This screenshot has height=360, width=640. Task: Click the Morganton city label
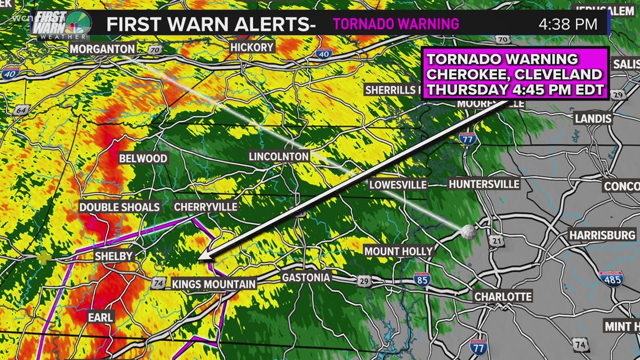[x=102, y=49]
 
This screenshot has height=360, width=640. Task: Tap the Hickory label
[x=252, y=48]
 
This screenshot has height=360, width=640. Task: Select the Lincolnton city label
[x=279, y=157]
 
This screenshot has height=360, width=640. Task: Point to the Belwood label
[x=143, y=158]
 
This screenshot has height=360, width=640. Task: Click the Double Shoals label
[x=119, y=207]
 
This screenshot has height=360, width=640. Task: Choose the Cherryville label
[x=205, y=207]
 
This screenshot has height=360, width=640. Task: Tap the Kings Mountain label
[x=213, y=284]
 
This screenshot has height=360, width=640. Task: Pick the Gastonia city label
[x=305, y=277]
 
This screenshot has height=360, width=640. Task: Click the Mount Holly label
[x=399, y=251]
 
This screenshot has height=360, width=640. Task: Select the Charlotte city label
[x=502, y=297]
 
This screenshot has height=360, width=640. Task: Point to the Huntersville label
[x=484, y=184]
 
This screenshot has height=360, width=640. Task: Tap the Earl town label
[x=100, y=317]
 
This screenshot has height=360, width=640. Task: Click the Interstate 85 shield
[x=422, y=279]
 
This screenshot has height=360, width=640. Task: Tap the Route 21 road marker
[x=496, y=240]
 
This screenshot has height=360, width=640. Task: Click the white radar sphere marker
[x=468, y=230]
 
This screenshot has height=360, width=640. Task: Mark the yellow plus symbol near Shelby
[x=43, y=258]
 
